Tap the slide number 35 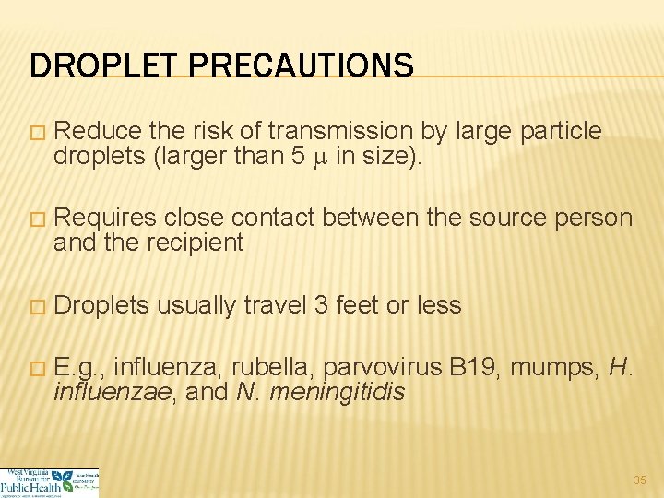click(x=640, y=480)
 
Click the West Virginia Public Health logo click(x=50, y=482)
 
